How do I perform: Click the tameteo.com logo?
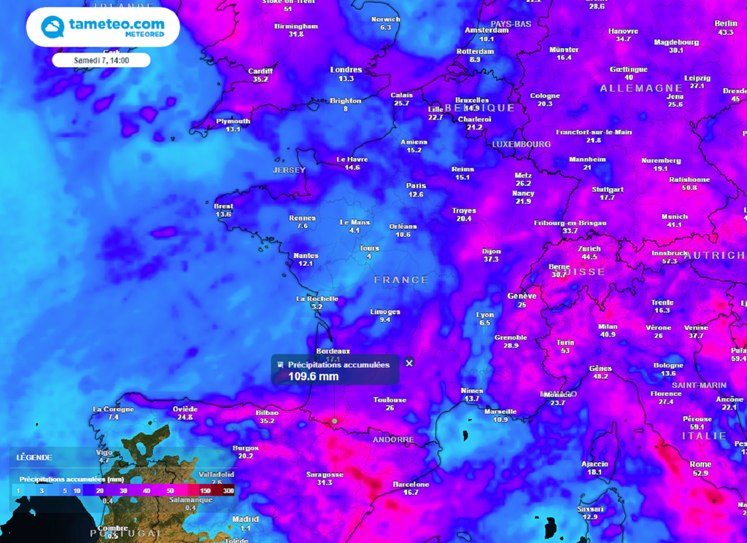pyautogui.click(x=103, y=27)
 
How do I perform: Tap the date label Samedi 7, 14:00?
pyautogui.click(x=101, y=60)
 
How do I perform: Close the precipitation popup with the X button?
pyautogui.click(x=409, y=363)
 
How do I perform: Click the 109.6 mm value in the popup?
pyautogui.click(x=314, y=376)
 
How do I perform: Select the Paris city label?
pyautogui.click(x=416, y=185)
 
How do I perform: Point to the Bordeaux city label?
pyautogui.click(x=333, y=351)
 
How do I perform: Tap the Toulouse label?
pyautogui.click(x=390, y=399)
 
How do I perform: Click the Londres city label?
pyautogui.click(x=346, y=70)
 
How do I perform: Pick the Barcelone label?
pyautogui.click(x=411, y=484)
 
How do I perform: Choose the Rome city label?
pyautogui.click(x=700, y=464)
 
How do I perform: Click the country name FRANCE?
pyautogui.click(x=401, y=280)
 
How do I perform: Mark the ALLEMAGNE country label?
pyautogui.click(x=631, y=88)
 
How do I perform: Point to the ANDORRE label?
pyautogui.click(x=393, y=440)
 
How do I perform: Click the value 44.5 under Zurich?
pyautogui.click(x=588, y=257)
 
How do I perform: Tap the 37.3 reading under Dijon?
pyautogui.click(x=491, y=259)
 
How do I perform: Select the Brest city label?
pyautogui.click(x=223, y=206)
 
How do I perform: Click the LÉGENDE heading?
pyautogui.click(x=34, y=457)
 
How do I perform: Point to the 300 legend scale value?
pyautogui.click(x=228, y=491)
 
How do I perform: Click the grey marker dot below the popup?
pyautogui.click(x=335, y=421)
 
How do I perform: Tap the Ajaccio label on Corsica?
pyautogui.click(x=595, y=464)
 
